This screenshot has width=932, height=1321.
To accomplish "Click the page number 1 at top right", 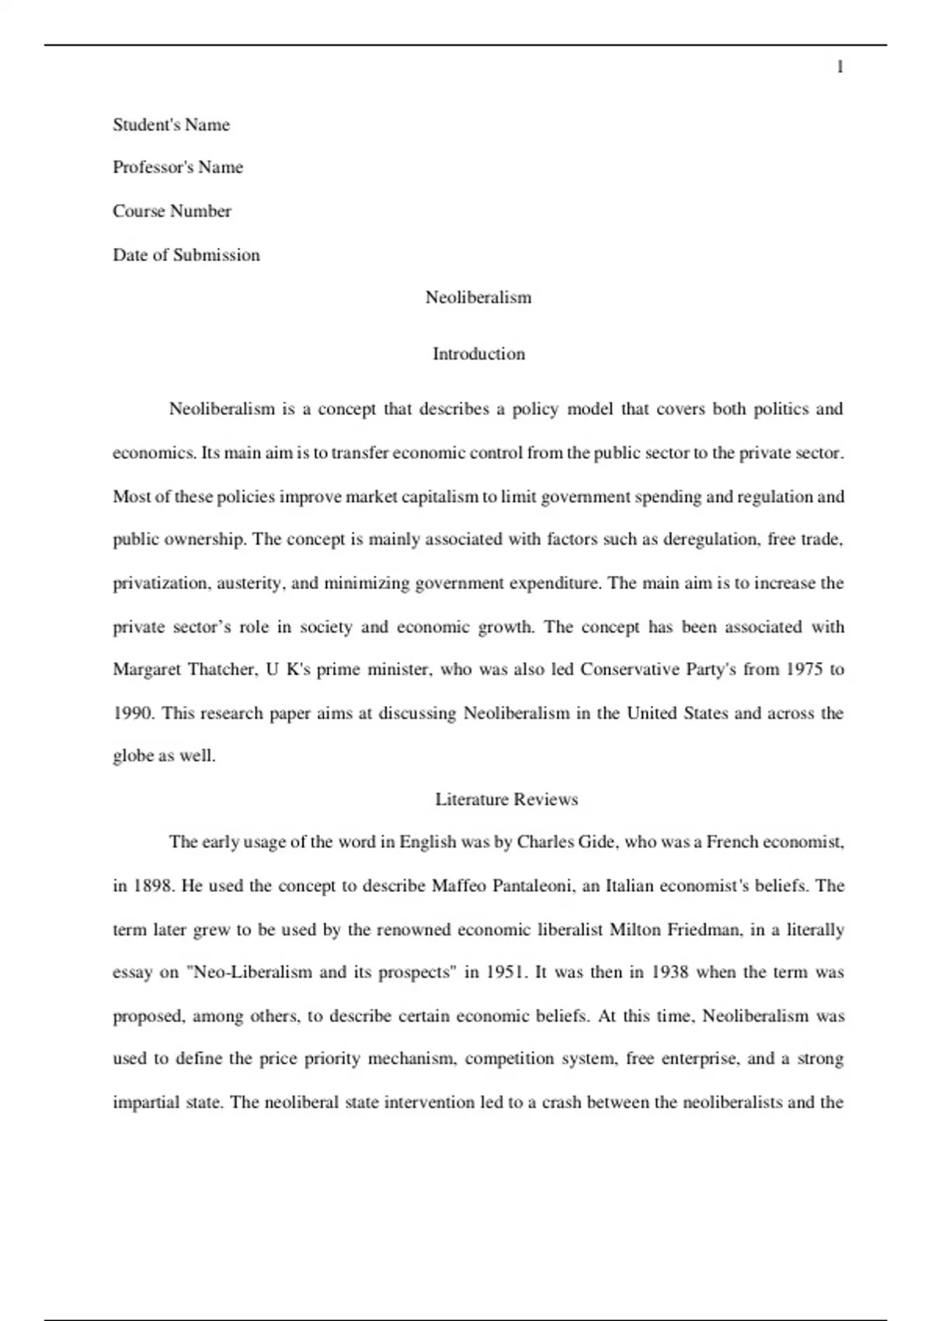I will pyautogui.click(x=840, y=68).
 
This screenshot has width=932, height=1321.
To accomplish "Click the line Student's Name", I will pyautogui.click(x=171, y=125).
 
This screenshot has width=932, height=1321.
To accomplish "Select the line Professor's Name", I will pyautogui.click(x=177, y=167).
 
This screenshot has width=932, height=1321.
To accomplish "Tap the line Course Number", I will pyautogui.click(x=172, y=211).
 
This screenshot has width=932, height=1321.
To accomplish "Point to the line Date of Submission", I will pyautogui.click(x=186, y=255).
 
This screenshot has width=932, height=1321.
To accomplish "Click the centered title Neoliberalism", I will pyautogui.click(x=478, y=298).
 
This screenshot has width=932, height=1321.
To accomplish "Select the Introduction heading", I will pyautogui.click(x=478, y=354).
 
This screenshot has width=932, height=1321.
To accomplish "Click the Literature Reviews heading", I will pyautogui.click(x=506, y=800).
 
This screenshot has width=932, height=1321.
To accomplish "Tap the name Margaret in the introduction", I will pyautogui.click(x=146, y=670).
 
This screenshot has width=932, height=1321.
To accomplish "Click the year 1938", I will pyautogui.click(x=669, y=972).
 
